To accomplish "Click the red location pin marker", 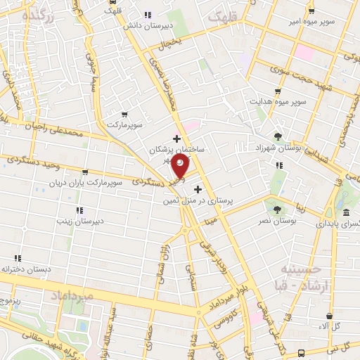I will (181, 166).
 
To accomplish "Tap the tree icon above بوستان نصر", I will (276, 209).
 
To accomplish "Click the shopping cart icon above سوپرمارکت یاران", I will (85, 172).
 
